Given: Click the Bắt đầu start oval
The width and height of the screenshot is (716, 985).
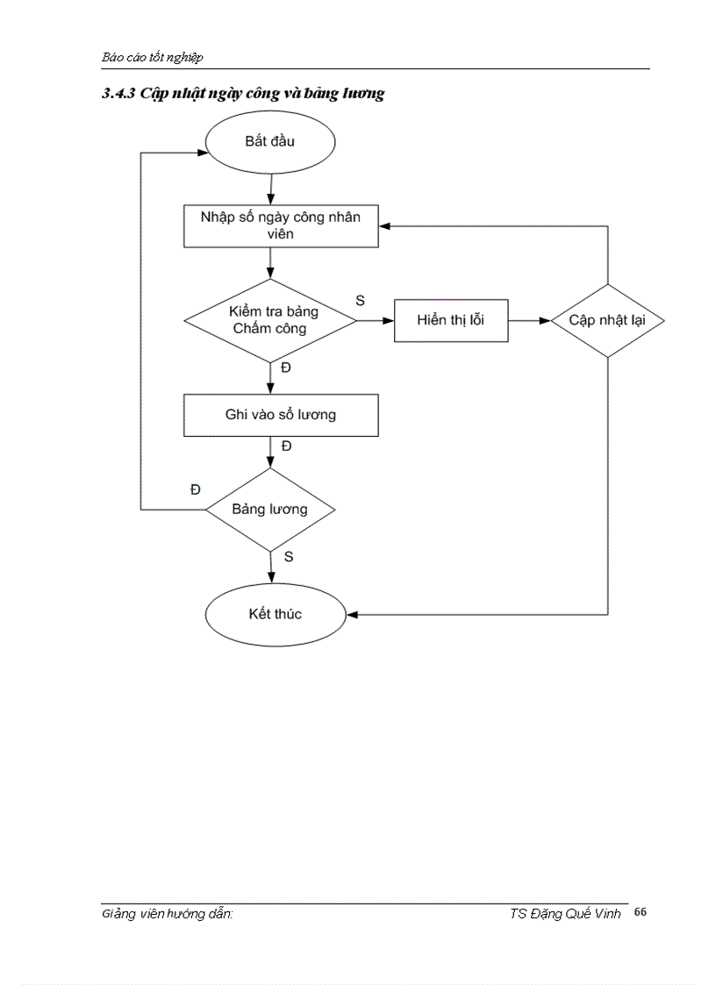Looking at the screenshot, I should coord(269,142).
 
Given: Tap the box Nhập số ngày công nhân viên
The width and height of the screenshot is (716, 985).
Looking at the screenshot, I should coord(280,225).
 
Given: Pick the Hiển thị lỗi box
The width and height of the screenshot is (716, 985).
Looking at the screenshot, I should coord(450,320).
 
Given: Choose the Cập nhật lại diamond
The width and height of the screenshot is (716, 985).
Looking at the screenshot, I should coord(607,320).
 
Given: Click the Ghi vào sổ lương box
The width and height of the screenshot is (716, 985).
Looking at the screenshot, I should coord(280,415).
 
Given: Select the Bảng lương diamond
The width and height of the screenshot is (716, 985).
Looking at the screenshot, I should coord(269,510).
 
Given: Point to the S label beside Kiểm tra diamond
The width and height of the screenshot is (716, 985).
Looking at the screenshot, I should coord(360,300).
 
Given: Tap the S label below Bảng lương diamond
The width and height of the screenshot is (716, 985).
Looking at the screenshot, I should coord(289,557).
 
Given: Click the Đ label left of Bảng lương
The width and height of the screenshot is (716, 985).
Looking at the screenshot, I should coord(195,489).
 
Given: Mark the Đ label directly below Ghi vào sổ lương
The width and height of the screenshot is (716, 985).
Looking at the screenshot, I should coord(286,446).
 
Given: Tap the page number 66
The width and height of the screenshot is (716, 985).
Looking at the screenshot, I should coord(640,913).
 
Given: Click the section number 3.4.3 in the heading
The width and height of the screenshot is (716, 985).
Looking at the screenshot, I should coord(116,94).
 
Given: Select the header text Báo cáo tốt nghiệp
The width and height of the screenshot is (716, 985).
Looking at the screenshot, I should coord(152,57).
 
